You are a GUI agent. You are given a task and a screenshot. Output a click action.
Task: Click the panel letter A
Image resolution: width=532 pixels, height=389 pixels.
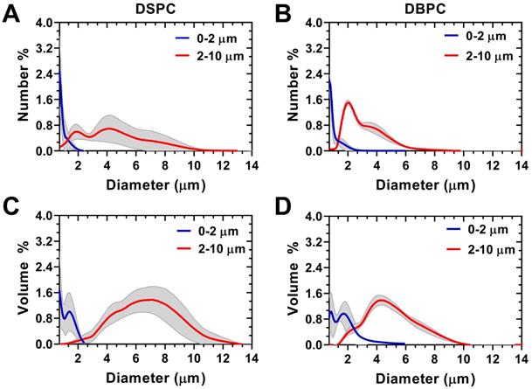pyautogui.click(x=13, y=14)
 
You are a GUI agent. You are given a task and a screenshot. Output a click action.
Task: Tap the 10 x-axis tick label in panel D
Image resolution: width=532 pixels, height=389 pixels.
pyautogui.click(x=468, y=359)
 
